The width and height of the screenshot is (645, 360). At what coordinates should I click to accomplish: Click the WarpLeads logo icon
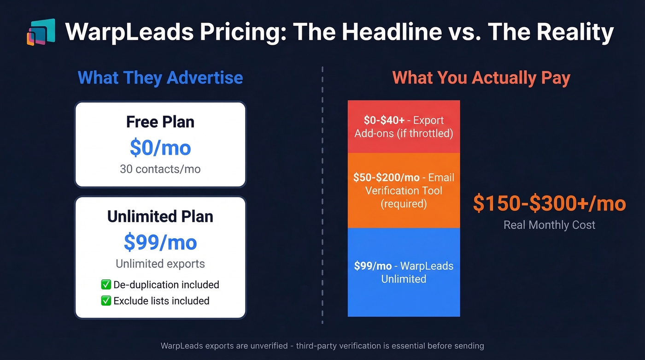(41, 32)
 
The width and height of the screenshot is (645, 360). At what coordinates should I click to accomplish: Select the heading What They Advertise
(160, 77)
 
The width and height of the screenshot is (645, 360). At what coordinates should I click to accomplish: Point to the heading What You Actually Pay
(481, 77)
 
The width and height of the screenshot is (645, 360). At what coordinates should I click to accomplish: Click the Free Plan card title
(160, 122)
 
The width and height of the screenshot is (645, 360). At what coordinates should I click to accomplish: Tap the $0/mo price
(160, 148)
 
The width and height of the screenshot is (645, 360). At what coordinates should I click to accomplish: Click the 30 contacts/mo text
(160, 169)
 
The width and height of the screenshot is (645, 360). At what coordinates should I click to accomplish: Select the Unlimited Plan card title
(160, 217)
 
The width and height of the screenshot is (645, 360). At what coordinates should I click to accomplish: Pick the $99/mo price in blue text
(160, 242)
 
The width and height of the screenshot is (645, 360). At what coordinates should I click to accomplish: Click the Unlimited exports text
(160, 264)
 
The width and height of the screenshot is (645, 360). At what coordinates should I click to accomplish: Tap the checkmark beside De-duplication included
(106, 285)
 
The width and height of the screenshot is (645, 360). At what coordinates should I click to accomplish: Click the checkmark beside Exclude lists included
(106, 301)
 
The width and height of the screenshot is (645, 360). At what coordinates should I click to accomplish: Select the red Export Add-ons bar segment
(404, 127)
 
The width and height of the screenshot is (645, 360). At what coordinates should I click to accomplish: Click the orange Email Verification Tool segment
(404, 190)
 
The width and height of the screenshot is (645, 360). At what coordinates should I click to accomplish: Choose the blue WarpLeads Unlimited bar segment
(404, 272)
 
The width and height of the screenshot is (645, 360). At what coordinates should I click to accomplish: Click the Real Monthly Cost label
(549, 225)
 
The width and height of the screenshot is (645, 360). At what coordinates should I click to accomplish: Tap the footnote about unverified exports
(322, 346)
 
